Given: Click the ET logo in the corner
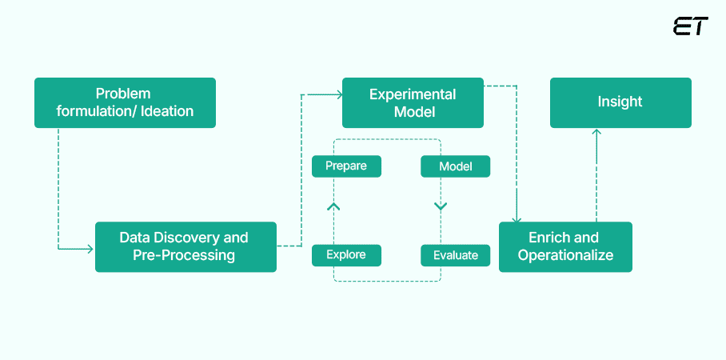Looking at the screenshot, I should [690, 26].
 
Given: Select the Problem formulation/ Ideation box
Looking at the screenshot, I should [125, 102].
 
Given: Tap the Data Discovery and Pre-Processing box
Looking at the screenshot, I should [185, 246].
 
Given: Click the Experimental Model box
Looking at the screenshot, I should [413, 102].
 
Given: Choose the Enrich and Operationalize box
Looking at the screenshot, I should [565, 246].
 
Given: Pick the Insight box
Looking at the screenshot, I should [620, 102].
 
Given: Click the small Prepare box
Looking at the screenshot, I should [346, 166].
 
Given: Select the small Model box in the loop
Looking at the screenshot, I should [455, 166].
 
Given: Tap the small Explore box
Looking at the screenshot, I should [346, 255].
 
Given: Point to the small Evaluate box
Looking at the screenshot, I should [455, 255].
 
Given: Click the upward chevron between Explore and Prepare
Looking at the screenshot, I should [334, 207].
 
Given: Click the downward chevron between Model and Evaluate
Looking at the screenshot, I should [441, 207].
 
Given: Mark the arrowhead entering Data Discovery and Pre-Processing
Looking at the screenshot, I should [89, 249].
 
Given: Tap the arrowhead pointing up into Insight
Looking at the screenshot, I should [596, 133].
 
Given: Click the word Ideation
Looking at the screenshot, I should [167, 111].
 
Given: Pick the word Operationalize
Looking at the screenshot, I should [565, 255].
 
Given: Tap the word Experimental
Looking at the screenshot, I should [413, 94].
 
